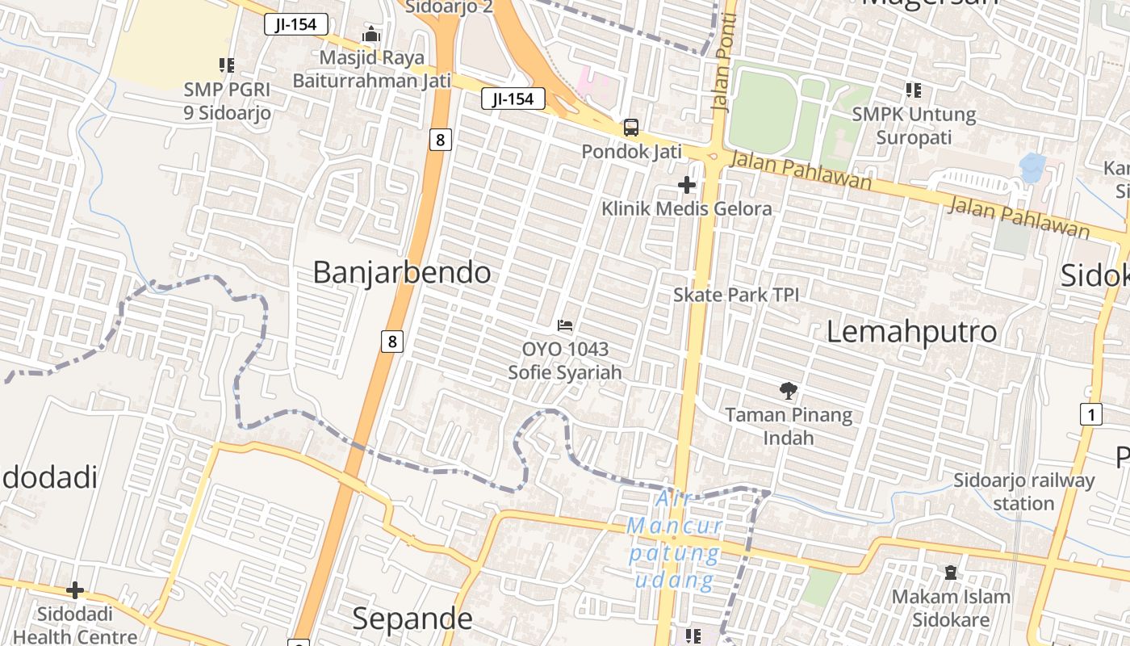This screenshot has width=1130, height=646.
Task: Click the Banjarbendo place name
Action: point(401,273)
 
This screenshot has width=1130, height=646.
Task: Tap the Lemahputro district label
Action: point(911,332)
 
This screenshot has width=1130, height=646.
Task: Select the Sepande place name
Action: point(412,619)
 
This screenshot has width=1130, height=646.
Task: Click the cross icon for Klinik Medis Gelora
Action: point(687,186)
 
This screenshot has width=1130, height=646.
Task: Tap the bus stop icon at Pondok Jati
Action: point(631,128)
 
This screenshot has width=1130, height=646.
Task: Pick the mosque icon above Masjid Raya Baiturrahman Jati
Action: point(371,35)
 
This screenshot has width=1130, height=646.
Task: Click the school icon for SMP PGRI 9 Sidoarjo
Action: point(227,65)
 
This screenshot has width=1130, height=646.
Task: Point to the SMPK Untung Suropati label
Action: point(914,126)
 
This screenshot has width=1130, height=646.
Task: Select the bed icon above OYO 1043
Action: point(565,325)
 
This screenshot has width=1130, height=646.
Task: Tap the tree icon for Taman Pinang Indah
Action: point(788,392)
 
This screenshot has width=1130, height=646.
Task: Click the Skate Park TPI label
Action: point(736,295)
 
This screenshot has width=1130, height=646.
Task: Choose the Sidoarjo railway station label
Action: point(1024,492)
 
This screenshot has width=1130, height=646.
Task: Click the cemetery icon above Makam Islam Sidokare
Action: point(951,573)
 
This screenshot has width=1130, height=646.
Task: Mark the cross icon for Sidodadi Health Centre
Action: point(75,590)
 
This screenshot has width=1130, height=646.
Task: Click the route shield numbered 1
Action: point(1090,415)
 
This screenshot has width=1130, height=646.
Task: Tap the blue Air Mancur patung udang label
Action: point(675,540)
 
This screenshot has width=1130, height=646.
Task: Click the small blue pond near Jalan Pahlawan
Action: point(1032,167)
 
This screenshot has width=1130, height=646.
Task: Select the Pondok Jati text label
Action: point(631,151)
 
